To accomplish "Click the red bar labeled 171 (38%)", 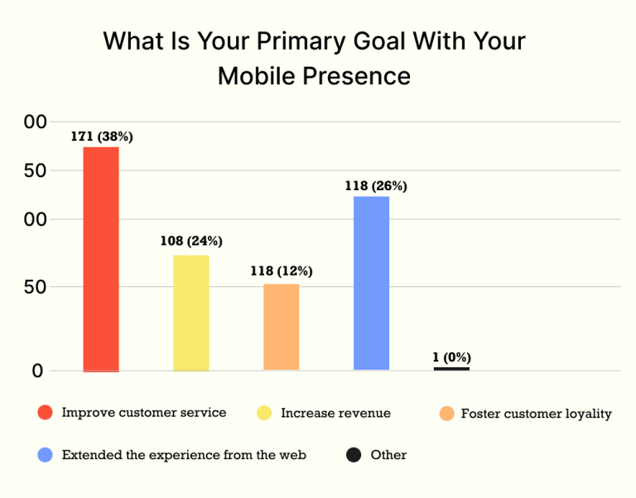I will point(101,259).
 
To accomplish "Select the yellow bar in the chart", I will point(191,313).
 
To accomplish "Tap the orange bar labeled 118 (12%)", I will point(281,327).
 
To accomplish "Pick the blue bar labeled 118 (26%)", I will point(371,283).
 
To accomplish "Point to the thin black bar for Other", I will point(451,368).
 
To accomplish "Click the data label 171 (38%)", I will point(101,136).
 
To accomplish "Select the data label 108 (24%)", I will point(191,242).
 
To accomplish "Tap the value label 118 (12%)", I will point(282,271).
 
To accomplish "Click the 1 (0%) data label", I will point(451,357).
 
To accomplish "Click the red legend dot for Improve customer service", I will point(46,413).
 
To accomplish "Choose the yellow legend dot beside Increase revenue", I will point(264,413).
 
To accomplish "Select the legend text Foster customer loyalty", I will point(536,414).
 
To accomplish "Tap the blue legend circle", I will point(46,454).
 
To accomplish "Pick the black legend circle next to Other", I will point(354,454).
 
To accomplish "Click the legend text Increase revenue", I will point(335,413).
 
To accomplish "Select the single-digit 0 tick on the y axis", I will point(37,371).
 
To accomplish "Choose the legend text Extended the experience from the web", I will point(184,455).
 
